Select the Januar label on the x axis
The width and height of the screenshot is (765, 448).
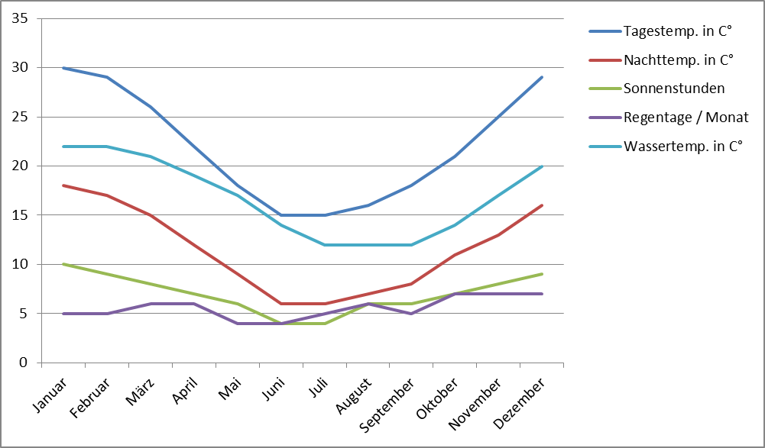(x=50, y=395)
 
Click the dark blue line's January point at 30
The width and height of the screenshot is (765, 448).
(x=63, y=68)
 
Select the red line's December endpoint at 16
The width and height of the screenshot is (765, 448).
(x=542, y=205)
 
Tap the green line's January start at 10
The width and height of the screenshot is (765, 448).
(x=63, y=264)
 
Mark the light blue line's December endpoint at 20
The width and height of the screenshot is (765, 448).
(x=542, y=166)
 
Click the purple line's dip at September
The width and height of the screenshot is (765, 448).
(x=411, y=314)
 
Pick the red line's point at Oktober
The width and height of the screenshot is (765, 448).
(x=455, y=254)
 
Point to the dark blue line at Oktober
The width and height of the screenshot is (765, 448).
(x=455, y=156)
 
